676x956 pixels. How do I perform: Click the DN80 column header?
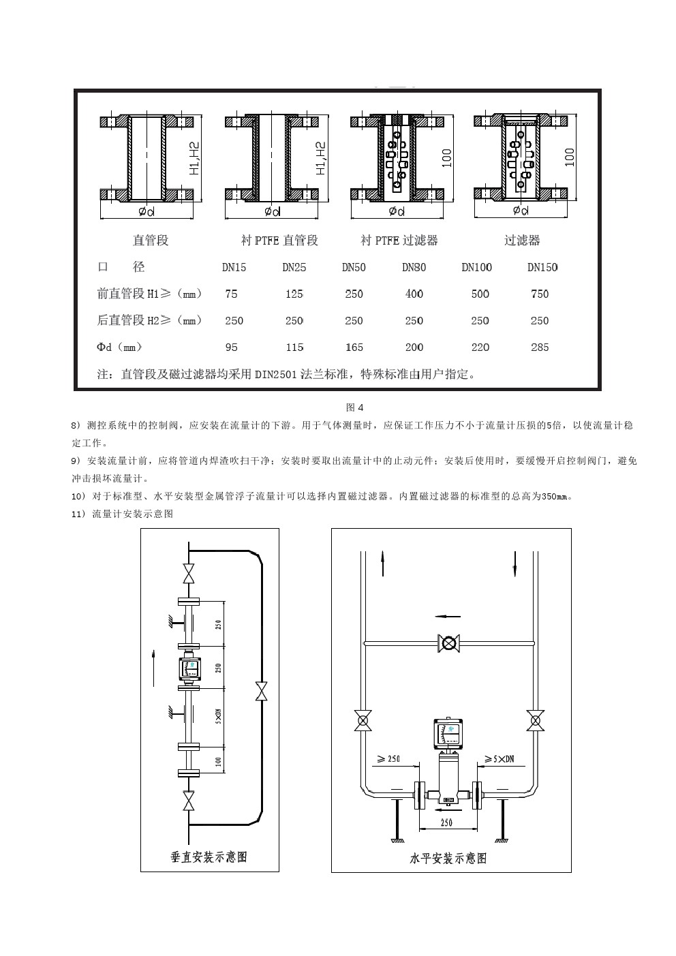pyautogui.click(x=414, y=267)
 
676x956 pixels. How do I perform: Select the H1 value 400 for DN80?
pyautogui.click(x=414, y=294)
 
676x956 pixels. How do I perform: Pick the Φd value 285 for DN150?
pyautogui.click(x=540, y=347)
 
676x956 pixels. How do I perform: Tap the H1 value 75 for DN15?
pyautogui.click(x=232, y=294)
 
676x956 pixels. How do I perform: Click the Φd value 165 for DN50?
pyautogui.click(x=354, y=347)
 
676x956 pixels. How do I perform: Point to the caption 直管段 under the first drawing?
pyautogui.click(x=150, y=241)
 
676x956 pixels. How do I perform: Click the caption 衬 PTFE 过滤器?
pyautogui.click(x=399, y=241)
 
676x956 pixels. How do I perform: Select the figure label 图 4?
pyautogui.click(x=355, y=407)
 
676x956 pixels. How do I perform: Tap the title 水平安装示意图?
pyautogui.click(x=448, y=858)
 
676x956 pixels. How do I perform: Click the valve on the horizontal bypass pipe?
pyautogui.click(x=449, y=643)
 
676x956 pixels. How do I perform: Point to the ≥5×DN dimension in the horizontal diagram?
pyautogui.click(x=499, y=758)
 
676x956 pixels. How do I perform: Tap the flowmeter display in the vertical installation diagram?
pyautogui.click(x=189, y=670)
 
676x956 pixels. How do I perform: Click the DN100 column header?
pyautogui.click(x=476, y=267)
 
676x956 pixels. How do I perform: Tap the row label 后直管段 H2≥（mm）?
pyautogui.click(x=149, y=320)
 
